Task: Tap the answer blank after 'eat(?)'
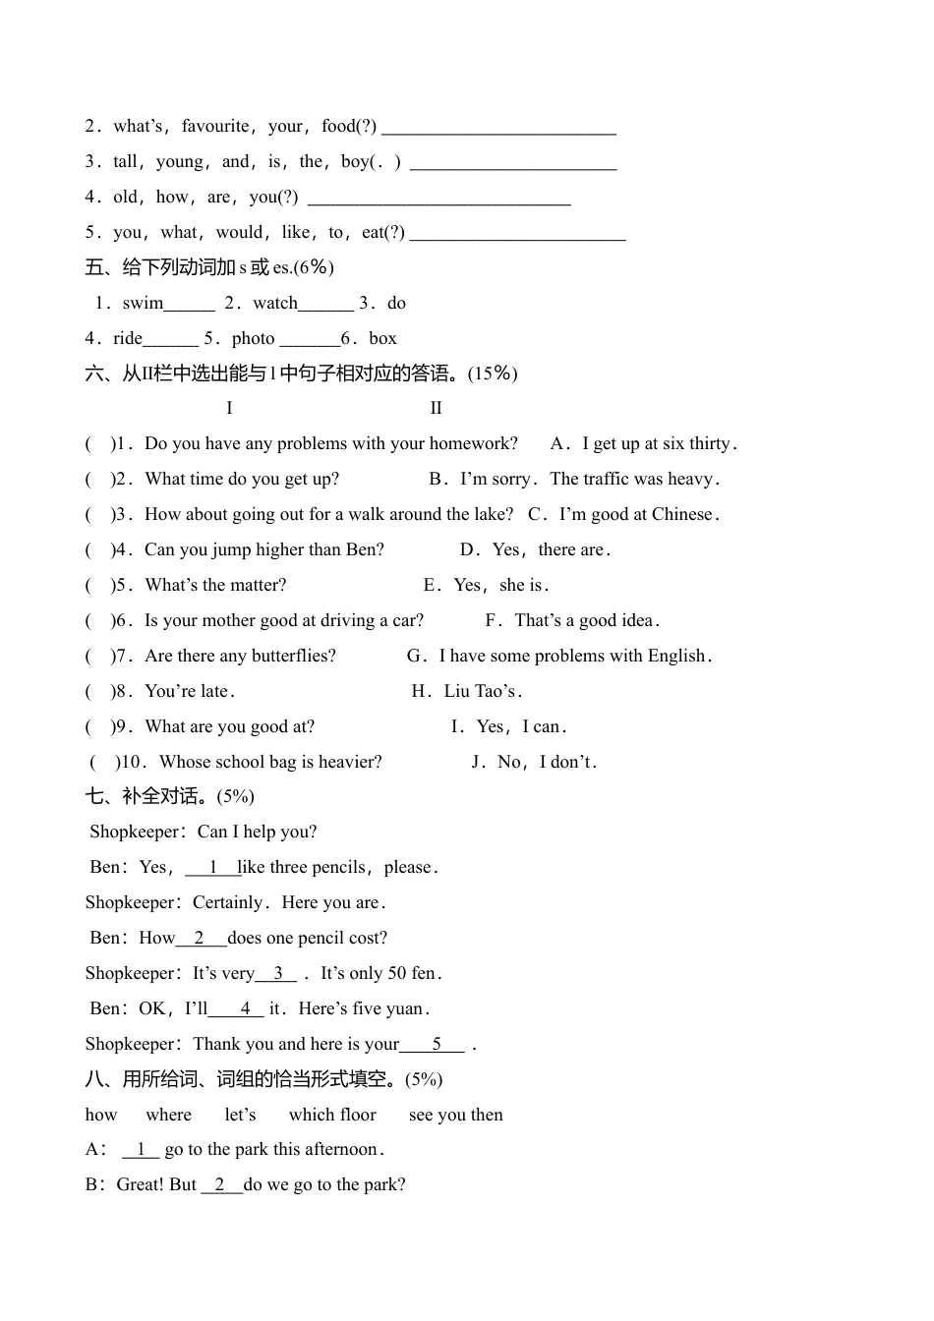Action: (517, 234)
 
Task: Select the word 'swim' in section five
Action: (143, 303)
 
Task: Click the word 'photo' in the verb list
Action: (253, 338)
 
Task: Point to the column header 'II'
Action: (436, 408)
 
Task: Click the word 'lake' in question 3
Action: (492, 514)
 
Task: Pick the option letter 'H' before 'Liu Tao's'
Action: (420, 691)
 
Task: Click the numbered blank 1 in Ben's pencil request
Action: (212, 867)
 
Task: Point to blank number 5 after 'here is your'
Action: (436, 1044)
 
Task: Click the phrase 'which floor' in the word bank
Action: (332, 1115)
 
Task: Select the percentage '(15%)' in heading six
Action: (493, 373)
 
